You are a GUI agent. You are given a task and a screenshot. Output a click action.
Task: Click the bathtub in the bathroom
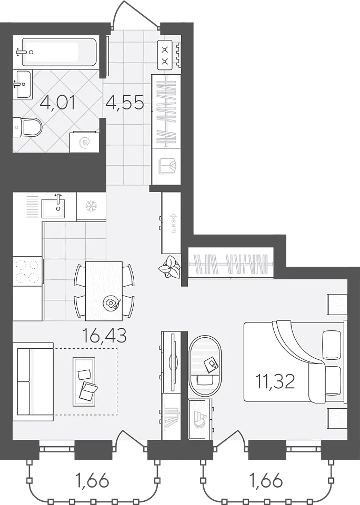tap(59, 52)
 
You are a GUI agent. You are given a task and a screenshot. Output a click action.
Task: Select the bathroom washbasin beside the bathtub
tap(24, 84)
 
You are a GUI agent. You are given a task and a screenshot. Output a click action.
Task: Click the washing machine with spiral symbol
tap(84, 142)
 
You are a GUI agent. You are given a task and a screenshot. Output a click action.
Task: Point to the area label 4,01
tap(58, 104)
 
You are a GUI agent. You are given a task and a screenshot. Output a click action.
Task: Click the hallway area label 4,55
tap(125, 104)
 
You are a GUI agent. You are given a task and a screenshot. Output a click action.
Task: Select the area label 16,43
tap(104, 336)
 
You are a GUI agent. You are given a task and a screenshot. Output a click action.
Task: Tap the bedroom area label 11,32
tap(275, 382)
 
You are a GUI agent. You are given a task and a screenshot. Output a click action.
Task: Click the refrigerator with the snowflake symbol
tap(91, 206)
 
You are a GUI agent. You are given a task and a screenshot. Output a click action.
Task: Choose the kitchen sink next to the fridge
tap(53, 208)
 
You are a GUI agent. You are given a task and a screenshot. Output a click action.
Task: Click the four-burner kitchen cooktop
tap(28, 271)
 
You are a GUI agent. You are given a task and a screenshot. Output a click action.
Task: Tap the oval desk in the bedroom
tap(205, 363)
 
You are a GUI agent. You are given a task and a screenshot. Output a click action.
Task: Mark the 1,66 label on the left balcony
tap(92, 481)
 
